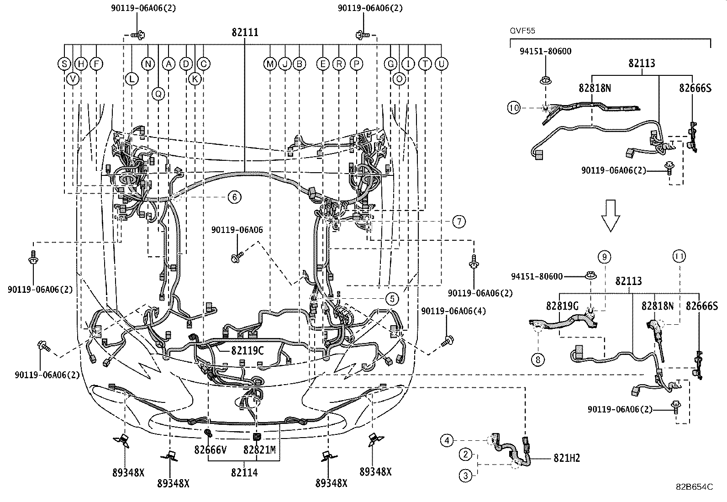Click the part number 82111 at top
245,32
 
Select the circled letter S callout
64,64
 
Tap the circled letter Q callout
158,94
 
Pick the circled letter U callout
441,64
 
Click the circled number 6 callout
234,197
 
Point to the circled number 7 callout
458,222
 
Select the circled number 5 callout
392,299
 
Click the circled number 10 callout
514,108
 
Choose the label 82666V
211,450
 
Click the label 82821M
259,450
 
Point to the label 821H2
567,458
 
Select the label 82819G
562,306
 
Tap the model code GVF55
522,31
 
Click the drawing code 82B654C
694,487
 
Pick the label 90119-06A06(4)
453,312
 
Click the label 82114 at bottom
244,473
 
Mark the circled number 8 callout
538,359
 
